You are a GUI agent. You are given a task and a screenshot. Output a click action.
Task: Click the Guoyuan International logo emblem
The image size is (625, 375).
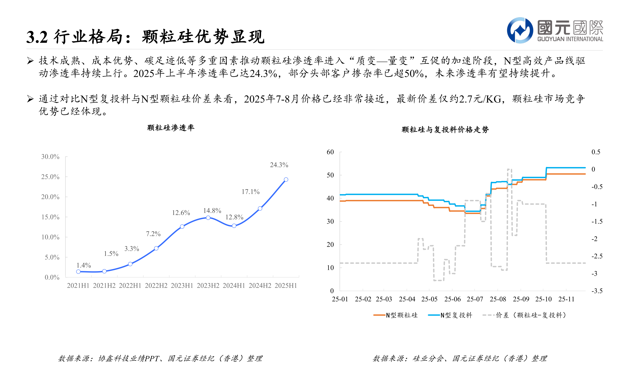(x=520, y=30)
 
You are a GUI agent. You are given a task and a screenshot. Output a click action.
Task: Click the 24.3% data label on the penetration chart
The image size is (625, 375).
(x=279, y=165)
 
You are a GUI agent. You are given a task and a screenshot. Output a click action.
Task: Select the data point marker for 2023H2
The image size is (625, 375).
(x=208, y=218)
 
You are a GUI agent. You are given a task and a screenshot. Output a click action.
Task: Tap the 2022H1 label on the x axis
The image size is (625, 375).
(x=130, y=285)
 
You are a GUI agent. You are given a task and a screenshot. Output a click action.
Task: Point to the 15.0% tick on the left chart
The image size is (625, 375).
(x=50, y=217)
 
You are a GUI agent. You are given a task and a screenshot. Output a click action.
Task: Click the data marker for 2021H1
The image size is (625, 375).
(x=78, y=272)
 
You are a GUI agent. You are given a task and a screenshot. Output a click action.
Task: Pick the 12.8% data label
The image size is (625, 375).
(x=234, y=217)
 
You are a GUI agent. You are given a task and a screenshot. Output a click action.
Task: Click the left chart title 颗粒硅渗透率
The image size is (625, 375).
(x=171, y=128)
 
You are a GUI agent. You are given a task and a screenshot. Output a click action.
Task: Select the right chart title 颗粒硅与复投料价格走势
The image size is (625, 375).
(x=445, y=130)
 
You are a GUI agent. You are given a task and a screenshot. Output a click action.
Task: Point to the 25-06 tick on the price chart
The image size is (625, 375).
(x=452, y=299)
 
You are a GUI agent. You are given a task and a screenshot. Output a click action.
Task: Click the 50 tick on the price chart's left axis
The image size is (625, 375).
(x=330, y=175)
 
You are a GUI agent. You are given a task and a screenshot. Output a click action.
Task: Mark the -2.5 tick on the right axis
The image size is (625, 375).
(x=597, y=256)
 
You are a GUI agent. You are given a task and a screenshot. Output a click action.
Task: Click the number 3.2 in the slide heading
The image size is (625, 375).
(x=37, y=37)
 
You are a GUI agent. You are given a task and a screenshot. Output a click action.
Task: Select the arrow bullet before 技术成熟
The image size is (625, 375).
(x=30, y=61)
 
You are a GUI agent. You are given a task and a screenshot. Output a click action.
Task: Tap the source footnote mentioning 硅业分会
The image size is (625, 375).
(x=459, y=358)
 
